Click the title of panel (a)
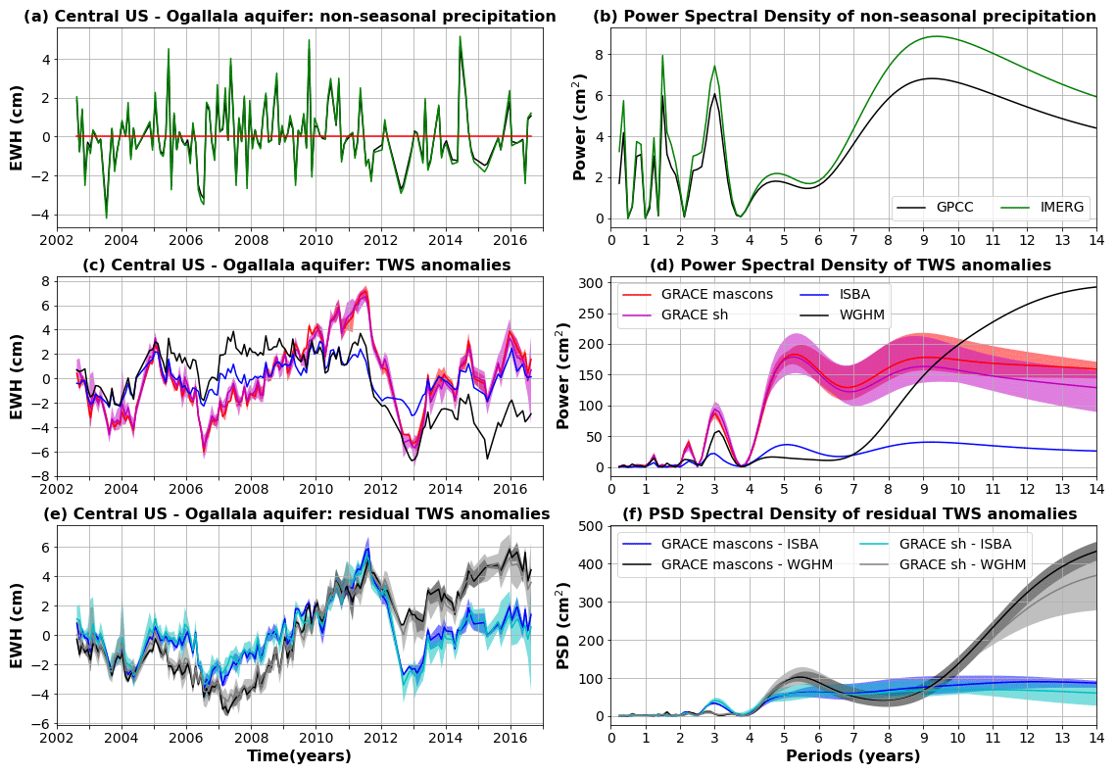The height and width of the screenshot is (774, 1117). click(x=289, y=17)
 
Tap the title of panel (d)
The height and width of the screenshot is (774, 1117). click(x=850, y=266)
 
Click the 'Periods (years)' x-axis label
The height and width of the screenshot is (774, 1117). click(x=852, y=756)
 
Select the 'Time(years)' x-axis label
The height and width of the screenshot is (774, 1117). click(x=299, y=756)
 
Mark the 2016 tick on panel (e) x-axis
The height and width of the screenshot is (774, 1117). click(x=510, y=736)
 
